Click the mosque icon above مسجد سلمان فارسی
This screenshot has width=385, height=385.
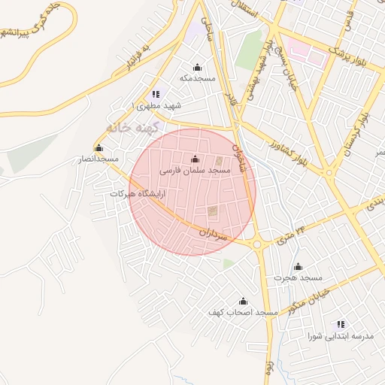[x=196, y=159]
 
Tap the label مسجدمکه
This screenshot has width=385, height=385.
[x=198, y=77]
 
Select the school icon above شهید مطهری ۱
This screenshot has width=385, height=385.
[x=156, y=94]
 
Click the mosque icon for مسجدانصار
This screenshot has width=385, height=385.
[x=99, y=147]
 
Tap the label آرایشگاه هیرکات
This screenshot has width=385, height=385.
[x=138, y=193]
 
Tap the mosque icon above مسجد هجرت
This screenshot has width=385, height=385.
[x=298, y=266]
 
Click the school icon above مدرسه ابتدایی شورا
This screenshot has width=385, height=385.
[x=341, y=324]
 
